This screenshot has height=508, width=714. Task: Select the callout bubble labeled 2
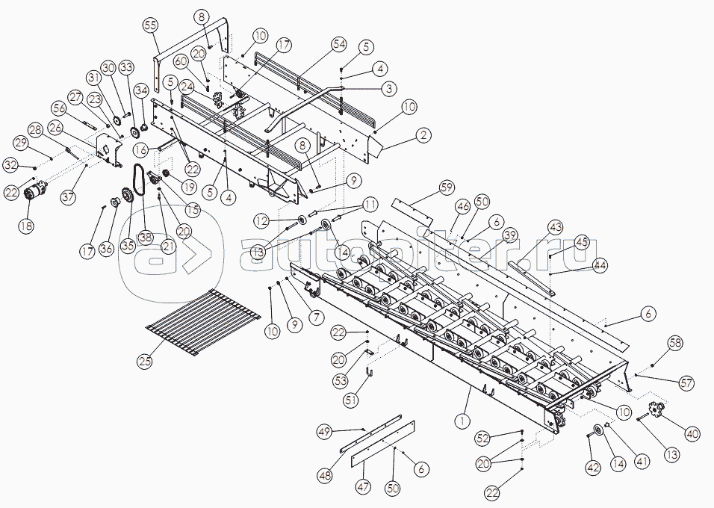[x=423, y=135]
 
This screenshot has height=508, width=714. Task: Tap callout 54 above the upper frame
[x=339, y=45]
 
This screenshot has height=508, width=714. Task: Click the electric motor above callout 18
[x=35, y=191]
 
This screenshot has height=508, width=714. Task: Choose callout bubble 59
[x=447, y=187]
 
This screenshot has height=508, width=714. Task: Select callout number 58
[x=675, y=343]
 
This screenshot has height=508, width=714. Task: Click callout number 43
[x=555, y=226]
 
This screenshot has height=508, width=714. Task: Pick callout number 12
[x=261, y=221]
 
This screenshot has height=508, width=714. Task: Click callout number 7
[x=318, y=317]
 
